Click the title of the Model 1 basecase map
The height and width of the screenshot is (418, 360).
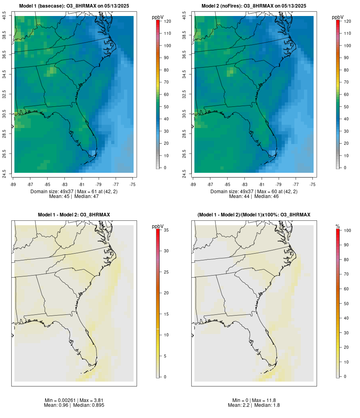[74, 6]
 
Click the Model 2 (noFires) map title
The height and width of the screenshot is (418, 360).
[254, 6]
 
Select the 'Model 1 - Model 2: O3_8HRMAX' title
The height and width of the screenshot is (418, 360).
[74, 215]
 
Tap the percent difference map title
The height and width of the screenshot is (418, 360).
[254, 215]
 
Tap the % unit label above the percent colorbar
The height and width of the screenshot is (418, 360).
[338, 226]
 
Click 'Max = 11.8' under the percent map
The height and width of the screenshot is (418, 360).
[263, 400]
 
